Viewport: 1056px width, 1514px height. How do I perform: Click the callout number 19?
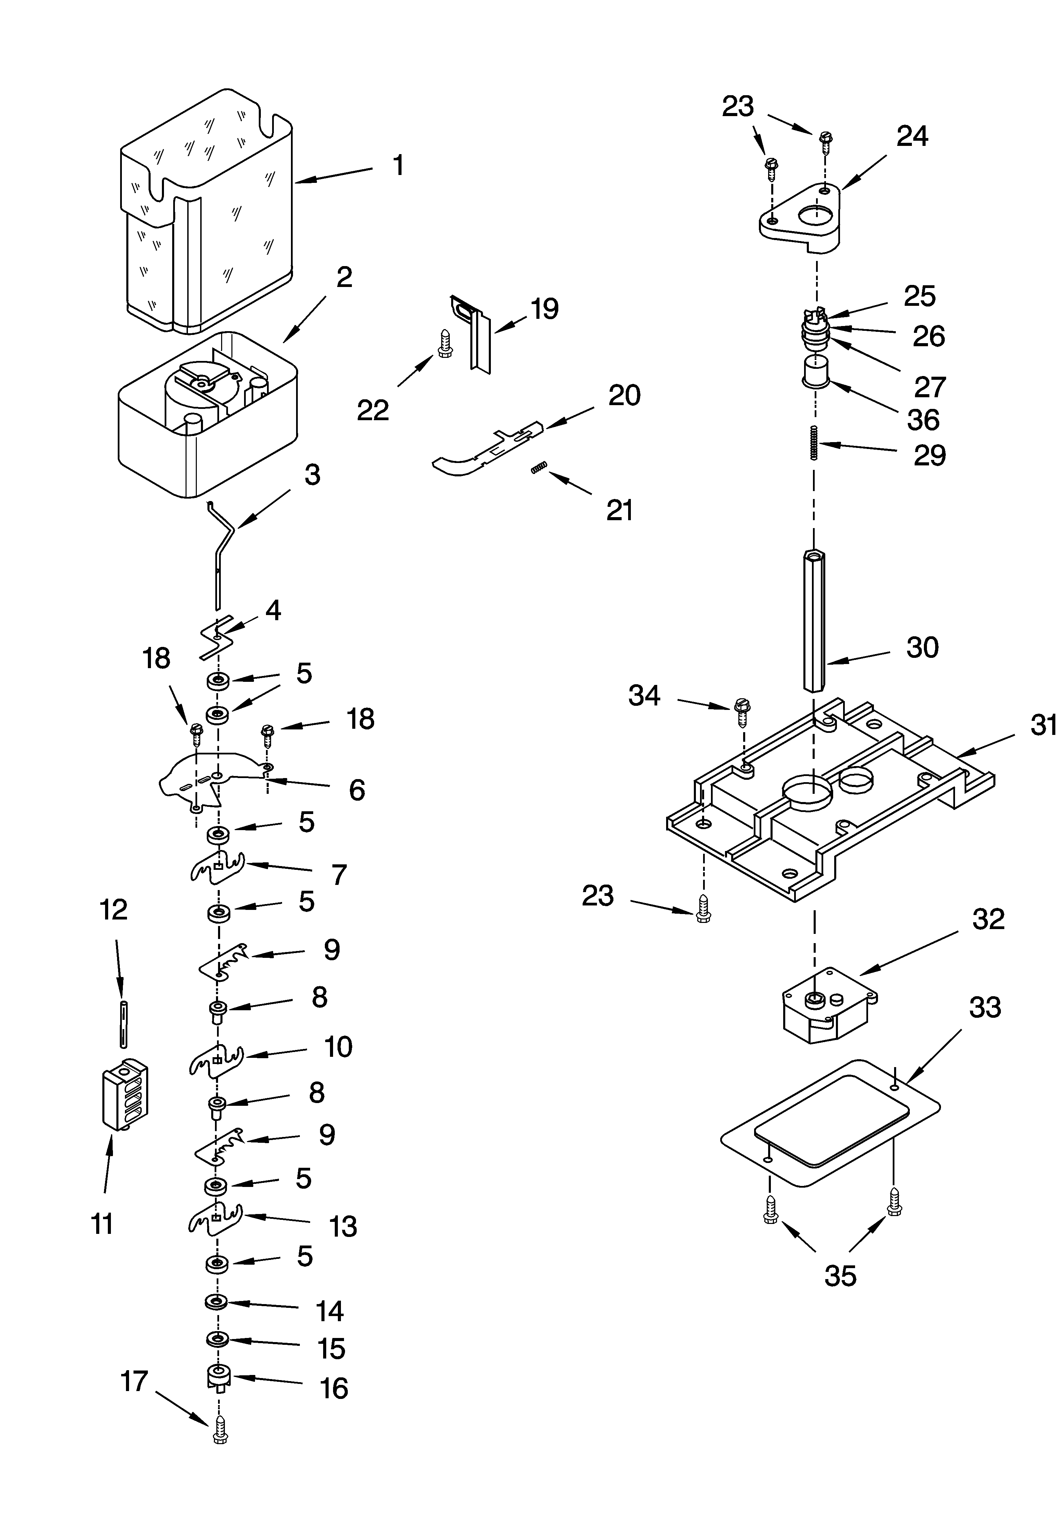(x=545, y=309)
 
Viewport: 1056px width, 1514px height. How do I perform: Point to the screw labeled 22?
(x=444, y=344)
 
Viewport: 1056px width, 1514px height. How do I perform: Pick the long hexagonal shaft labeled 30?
(x=815, y=620)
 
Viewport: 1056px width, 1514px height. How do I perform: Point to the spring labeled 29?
(x=815, y=442)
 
